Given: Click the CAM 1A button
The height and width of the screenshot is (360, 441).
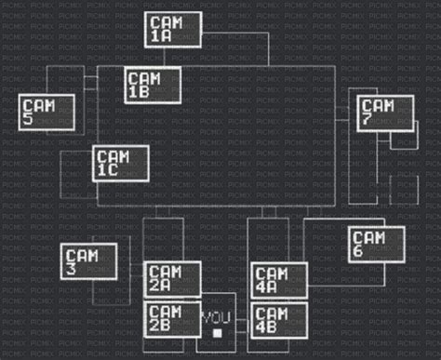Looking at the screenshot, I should pos(173,30).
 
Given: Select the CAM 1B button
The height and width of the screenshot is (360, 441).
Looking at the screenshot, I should pos(153,86).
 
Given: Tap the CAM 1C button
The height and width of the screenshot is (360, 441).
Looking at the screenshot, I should pos(120,163).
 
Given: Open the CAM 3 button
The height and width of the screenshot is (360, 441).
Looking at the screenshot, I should pos(89,261).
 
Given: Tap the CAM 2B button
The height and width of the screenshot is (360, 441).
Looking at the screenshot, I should pos(173,319).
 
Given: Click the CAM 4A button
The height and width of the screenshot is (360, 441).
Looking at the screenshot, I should pos(279,280).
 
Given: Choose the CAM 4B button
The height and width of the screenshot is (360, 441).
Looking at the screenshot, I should pos(279,319).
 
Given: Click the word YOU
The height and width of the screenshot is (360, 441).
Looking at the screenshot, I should pos(216,317).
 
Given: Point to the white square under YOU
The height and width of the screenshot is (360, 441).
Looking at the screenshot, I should pos(217,332).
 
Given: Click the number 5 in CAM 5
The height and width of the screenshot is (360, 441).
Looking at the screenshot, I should pos(30,119).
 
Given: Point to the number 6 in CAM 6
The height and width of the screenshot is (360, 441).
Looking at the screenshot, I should pos(358,250).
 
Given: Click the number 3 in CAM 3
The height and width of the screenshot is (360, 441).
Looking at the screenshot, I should pos(71,269).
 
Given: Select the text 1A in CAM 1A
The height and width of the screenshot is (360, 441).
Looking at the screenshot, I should pos(161,36).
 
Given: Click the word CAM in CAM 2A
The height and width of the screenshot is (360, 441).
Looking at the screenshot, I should pos(166,273).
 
